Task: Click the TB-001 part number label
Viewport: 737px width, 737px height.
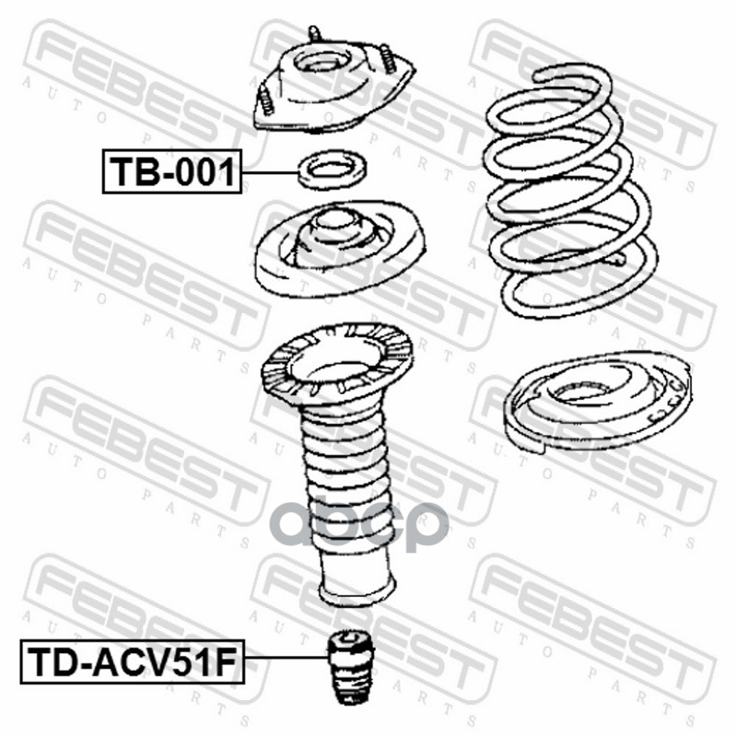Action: coord(172,171)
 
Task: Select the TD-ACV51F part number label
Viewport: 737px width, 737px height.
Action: coord(132,661)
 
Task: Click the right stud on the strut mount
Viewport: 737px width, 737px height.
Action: coord(387,58)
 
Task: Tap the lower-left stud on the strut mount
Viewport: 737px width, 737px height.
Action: coord(265,100)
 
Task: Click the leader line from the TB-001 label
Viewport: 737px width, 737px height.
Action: coord(270,173)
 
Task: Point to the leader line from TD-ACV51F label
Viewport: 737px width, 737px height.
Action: coord(286,657)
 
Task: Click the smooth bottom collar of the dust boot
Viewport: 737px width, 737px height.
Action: coord(357,579)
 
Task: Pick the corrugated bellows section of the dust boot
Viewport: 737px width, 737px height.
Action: coord(345,479)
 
